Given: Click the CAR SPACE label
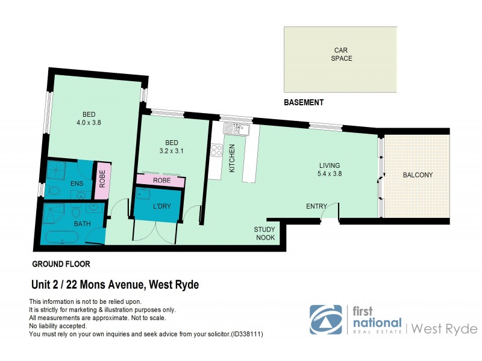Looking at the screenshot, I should pos(341,54).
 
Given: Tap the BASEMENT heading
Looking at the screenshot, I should pos(304,102).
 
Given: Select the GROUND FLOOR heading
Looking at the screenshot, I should pos(61,264).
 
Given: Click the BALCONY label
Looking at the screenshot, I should pos(418,175).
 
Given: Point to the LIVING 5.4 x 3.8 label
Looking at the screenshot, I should pos(330,170).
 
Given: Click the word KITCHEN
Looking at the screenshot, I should pos(232,159).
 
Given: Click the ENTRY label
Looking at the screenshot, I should pos(316,206).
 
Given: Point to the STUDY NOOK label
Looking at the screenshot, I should pos(264,233).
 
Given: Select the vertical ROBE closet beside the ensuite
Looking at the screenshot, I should pos(102,180).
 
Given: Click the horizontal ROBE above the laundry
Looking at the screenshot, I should pos(160,180).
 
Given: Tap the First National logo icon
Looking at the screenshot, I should pos(325,319).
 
